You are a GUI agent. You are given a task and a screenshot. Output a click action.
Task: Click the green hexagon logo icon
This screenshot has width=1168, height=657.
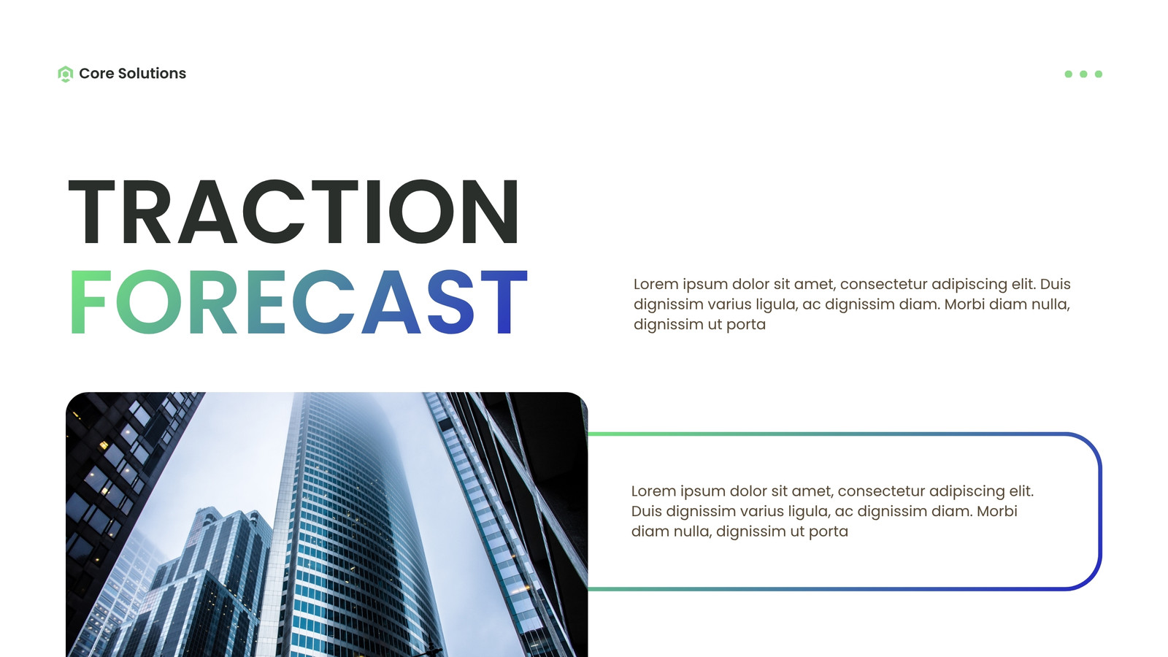click(x=65, y=74)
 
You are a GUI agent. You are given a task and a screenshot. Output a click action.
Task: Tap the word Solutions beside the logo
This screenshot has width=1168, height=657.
click(x=152, y=74)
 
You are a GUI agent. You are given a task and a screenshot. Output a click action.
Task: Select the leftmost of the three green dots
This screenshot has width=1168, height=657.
click(x=1069, y=74)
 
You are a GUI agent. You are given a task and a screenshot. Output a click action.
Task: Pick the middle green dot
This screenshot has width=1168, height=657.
click(x=1083, y=74)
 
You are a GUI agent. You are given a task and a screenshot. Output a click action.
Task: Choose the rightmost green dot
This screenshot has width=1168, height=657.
click(x=1099, y=74)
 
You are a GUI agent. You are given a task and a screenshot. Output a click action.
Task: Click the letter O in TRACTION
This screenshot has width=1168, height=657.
click(x=421, y=212)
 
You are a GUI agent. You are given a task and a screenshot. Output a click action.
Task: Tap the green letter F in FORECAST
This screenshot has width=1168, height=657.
click(x=91, y=301)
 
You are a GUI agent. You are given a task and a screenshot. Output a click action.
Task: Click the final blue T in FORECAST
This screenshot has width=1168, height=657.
click(x=504, y=301)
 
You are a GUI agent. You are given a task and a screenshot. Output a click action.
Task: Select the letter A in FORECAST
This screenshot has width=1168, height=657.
click(x=391, y=301)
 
